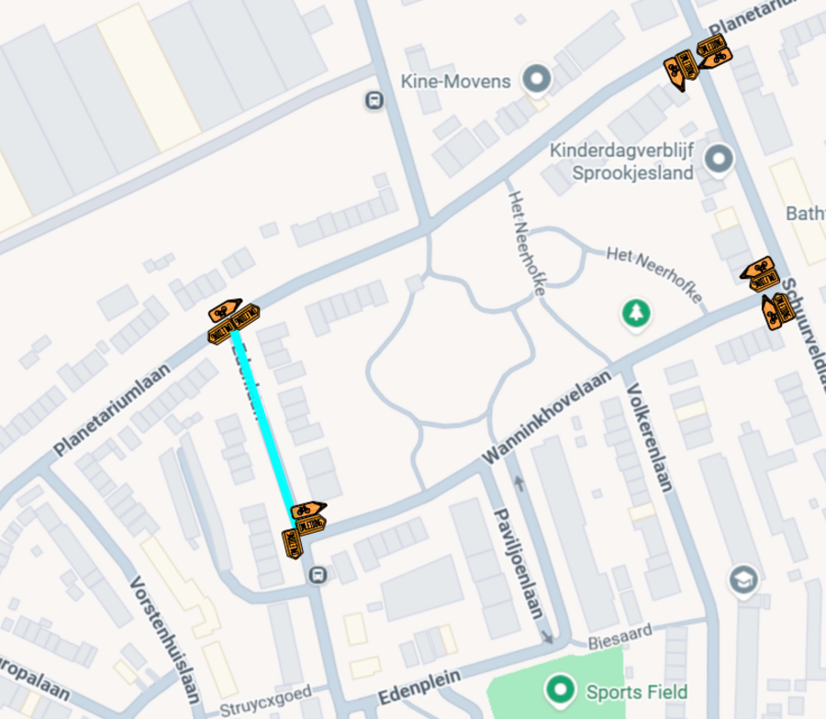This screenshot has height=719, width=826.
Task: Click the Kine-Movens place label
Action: point(455,82)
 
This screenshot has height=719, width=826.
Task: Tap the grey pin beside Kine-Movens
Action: point(535,79)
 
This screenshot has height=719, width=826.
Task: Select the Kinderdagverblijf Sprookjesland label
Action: point(620,161)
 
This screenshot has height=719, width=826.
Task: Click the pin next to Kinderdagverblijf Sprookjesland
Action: point(719,160)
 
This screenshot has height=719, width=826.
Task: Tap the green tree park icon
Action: point(634,314)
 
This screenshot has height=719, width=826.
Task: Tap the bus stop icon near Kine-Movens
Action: point(374,100)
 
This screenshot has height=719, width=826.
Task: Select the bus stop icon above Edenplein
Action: point(318,575)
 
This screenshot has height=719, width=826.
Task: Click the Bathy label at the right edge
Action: point(805,214)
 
